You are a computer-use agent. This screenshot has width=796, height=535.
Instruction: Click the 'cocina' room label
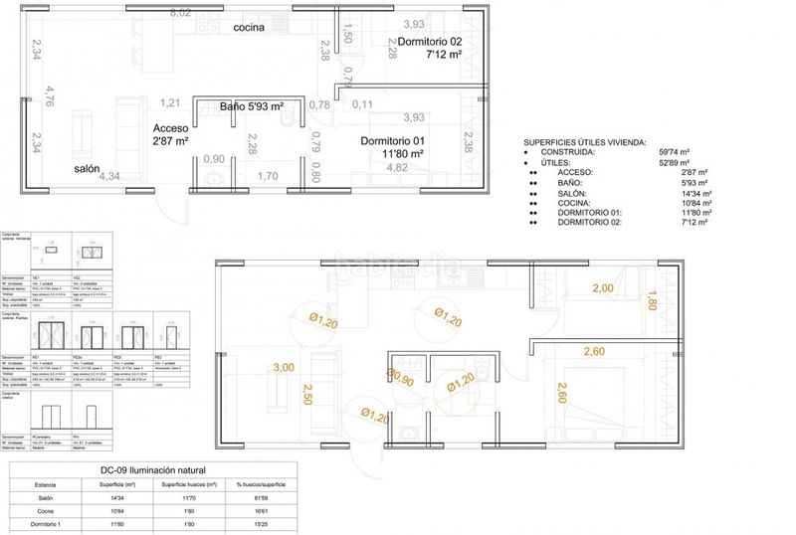249,28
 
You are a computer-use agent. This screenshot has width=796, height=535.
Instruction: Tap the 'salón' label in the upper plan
87,169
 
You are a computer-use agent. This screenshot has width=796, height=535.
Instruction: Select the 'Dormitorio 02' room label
430,42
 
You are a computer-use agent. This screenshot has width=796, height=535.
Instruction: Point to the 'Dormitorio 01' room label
393,141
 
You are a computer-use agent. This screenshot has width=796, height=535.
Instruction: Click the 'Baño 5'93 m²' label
253,106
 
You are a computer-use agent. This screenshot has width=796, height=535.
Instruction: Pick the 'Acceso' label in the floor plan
169,128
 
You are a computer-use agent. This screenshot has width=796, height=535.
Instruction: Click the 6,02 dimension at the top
181,13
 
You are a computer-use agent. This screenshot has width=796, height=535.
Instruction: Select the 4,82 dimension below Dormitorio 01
396,167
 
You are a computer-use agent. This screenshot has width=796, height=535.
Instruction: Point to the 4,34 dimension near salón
109,176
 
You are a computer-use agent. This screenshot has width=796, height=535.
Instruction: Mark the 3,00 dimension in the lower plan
284,367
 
